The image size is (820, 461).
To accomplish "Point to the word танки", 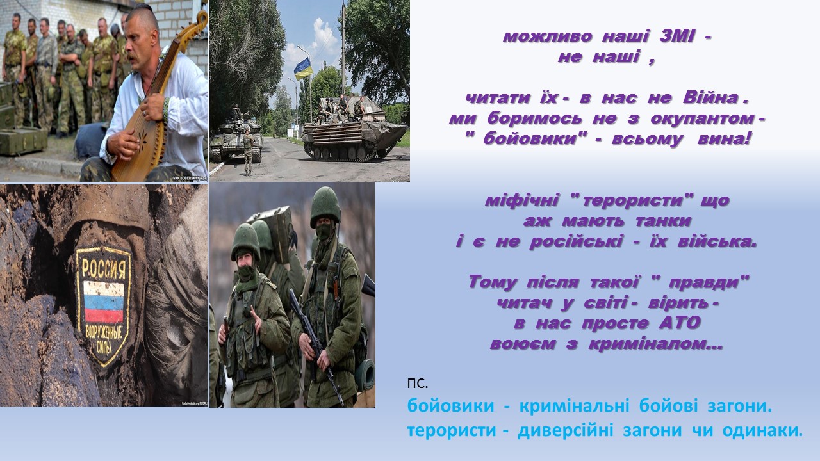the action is [663, 221].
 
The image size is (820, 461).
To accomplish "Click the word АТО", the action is [680, 323].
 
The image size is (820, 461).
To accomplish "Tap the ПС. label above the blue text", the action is [418, 384].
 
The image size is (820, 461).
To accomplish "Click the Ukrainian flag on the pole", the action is [304, 69].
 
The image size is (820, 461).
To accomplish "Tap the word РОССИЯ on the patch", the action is [104, 268].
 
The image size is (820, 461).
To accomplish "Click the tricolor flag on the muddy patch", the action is [104, 302].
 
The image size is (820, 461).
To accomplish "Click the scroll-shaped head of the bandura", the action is [199, 21].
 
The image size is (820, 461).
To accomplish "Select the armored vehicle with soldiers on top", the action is [353, 129].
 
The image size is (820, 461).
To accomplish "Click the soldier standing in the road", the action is [248, 151].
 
